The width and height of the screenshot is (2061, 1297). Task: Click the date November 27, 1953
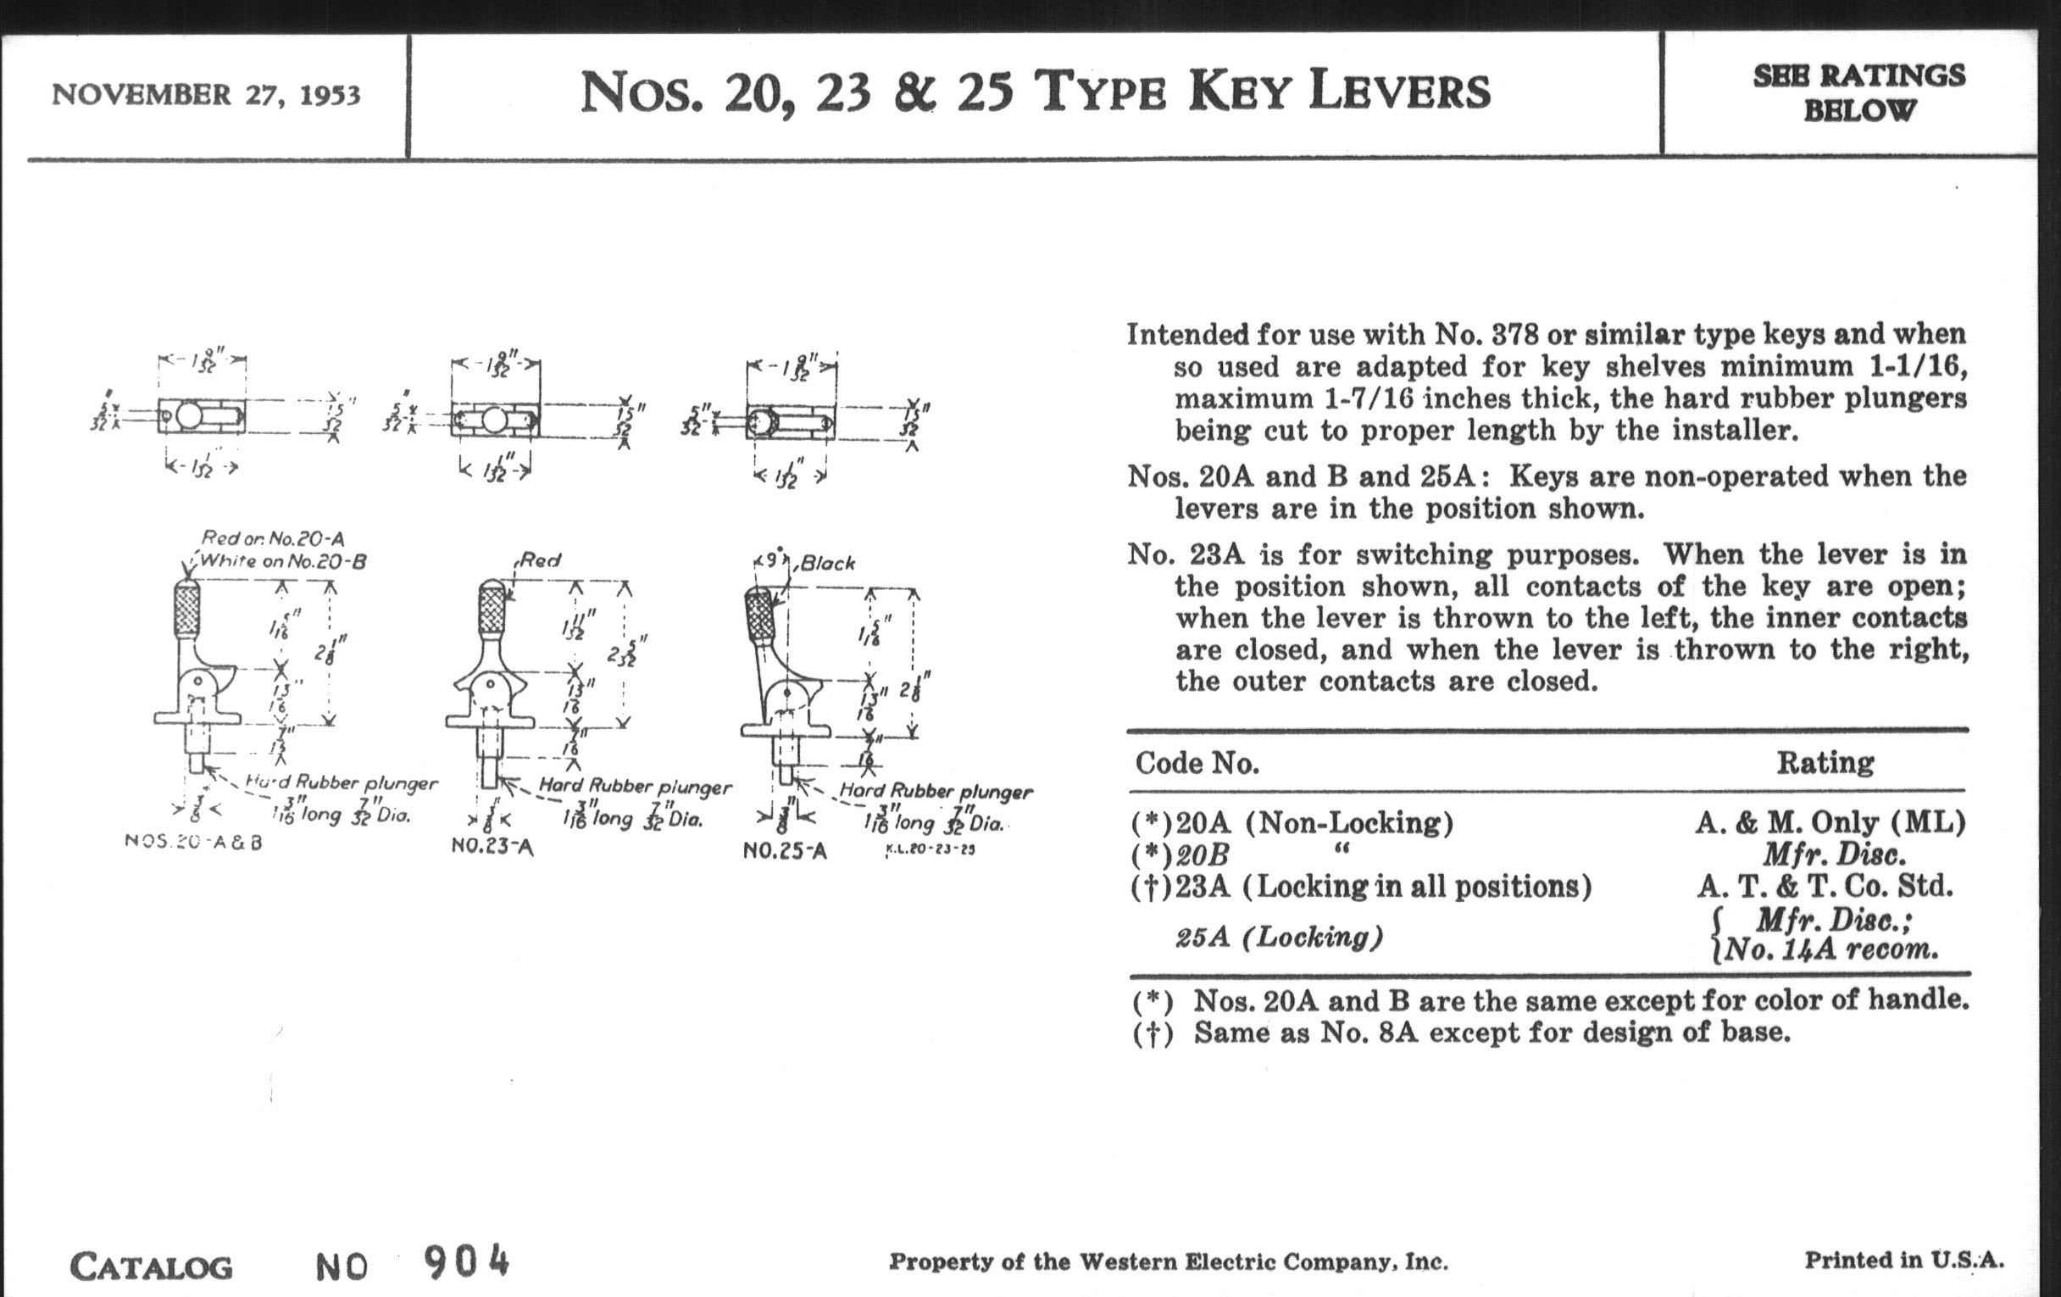pyautogui.click(x=206, y=94)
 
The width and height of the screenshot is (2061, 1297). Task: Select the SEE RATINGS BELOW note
pyautogui.click(x=1858, y=92)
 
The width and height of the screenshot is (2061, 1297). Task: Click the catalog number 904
pyautogui.click(x=466, y=1262)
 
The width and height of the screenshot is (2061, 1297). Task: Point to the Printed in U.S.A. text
pyautogui.click(x=1903, y=1260)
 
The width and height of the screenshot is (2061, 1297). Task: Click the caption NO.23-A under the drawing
pyautogui.click(x=492, y=847)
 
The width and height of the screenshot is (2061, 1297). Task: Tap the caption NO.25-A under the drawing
pyautogui.click(x=785, y=851)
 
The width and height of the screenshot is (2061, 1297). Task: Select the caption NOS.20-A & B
pyautogui.click(x=193, y=842)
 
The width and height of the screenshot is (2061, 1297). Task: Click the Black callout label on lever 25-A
pyautogui.click(x=828, y=564)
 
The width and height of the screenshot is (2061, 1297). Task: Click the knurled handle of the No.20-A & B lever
pyautogui.click(x=187, y=608)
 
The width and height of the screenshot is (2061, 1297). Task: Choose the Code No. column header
pyautogui.click(x=1197, y=763)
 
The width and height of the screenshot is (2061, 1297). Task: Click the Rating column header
pyautogui.click(x=1825, y=762)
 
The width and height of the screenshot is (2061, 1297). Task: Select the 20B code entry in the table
pyautogui.click(x=1203, y=854)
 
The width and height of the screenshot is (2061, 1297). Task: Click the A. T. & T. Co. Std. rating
pyautogui.click(x=1825, y=885)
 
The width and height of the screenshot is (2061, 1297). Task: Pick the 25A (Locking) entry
pyautogui.click(x=1279, y=937)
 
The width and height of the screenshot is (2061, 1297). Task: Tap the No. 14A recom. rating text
pyautogui.click(x=1830, y=949)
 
